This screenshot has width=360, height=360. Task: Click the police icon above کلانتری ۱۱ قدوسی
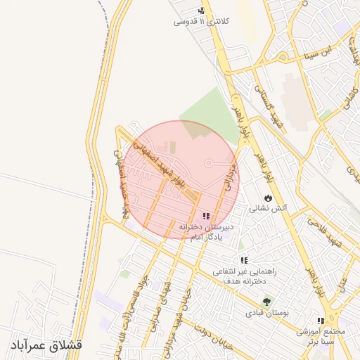click(202, 11)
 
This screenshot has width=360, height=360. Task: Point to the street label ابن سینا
click(314, 53)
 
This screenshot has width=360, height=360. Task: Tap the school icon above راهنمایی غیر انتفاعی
click(244, 261)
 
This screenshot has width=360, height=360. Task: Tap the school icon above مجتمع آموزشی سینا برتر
click(321, 321)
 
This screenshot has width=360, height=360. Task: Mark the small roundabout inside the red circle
click(208, 163)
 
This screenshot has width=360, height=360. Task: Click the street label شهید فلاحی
click(326, 234)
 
